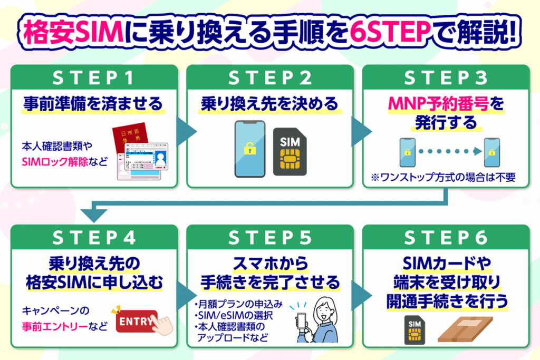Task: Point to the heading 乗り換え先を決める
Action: pos(269,104)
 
